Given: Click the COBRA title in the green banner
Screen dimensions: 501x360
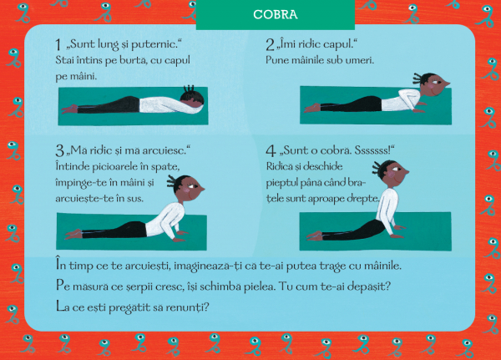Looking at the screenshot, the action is pyautogui.click(x=275, y=14).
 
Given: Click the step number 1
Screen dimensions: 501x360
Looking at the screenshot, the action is pyautogui.click(x=58, y=45).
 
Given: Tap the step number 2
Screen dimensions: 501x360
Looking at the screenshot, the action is pyautogui.click(x=270, y=45).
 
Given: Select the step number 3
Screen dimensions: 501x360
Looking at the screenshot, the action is pyautogui.click(x=60, y=150).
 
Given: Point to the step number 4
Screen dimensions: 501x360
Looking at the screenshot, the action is pyautogui.click(x=271, y=150).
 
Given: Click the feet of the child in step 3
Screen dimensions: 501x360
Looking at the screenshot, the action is pyautogui.click(x=73, y=234).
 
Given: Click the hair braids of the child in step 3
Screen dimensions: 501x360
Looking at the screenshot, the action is pyautogui.click(x=172, y=182).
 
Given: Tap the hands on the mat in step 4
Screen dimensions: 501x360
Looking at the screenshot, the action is pyautogui.click(x=397, y=232).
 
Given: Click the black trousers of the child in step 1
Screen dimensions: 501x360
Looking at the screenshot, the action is pyautogui.click(x=109, y=105).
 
